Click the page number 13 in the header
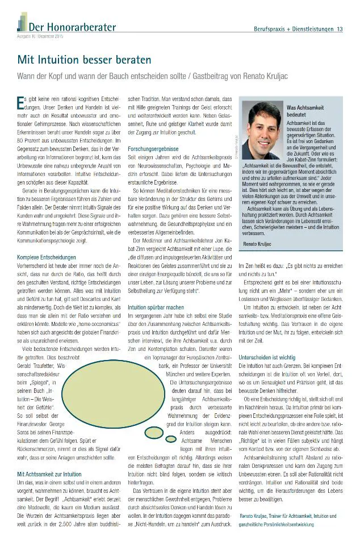click(340, 29)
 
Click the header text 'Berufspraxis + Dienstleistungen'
click(291, 29)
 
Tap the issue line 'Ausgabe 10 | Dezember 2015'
click(40, 36)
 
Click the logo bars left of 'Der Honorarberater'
click(22, 23)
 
